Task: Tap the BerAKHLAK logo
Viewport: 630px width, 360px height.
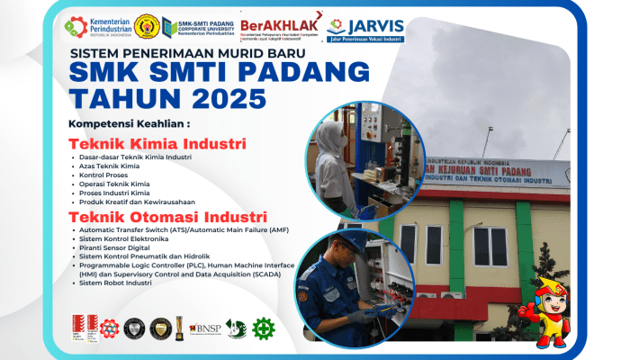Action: click(x=282, y=27)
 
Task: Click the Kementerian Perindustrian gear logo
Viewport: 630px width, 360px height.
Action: click(x=76, y=28)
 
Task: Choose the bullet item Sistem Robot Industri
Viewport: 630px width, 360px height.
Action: click(x=115, y=283)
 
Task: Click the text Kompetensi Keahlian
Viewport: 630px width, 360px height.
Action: click(x=130, y=122)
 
